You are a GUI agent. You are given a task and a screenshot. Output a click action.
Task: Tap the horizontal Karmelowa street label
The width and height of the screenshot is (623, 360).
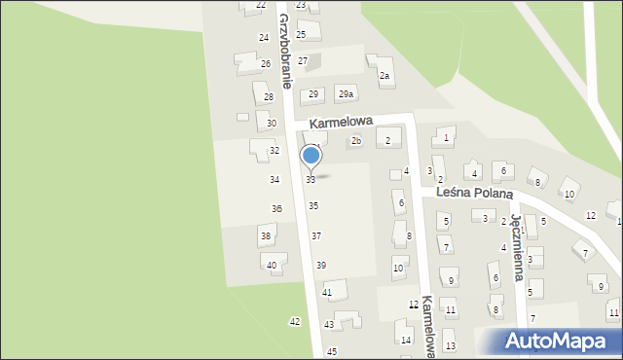(x=343, y=124)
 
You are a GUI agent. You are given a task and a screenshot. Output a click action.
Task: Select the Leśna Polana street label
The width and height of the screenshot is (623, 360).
(x=474, y=194)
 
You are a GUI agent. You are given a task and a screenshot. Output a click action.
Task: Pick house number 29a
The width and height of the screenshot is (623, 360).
(x=345, y=94)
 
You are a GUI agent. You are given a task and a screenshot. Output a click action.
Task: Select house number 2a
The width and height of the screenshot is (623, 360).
(x=385, y=76)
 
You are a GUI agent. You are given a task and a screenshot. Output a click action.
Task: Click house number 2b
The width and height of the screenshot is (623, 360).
(x=356, y=141)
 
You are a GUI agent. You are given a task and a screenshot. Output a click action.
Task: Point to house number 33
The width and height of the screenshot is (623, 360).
(x=311, y=180)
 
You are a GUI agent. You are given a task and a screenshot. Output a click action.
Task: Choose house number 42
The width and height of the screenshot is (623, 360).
(x=295, y=321)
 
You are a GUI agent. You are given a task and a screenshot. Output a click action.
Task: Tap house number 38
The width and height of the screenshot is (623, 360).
(x=265, y=236)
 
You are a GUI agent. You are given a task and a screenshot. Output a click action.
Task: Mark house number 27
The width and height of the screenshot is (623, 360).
(x=303, y=61)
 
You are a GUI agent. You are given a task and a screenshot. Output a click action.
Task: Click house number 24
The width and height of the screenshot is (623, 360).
(x=264, y=37)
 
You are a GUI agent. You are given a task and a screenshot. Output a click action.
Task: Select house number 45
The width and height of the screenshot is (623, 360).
(x=332, y=351)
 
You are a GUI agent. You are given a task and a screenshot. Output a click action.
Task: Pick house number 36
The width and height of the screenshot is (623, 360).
(x=276, y=209)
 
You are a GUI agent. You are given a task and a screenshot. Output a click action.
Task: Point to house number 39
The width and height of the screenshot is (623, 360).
(x=321, y=266)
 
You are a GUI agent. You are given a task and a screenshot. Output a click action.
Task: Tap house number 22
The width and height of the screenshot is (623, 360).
(x=260, y=5)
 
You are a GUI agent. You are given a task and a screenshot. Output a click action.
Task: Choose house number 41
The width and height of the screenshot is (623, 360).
(x=328, y=293)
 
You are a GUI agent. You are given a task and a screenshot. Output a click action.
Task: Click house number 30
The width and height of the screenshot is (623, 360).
(x=272, y=124)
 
